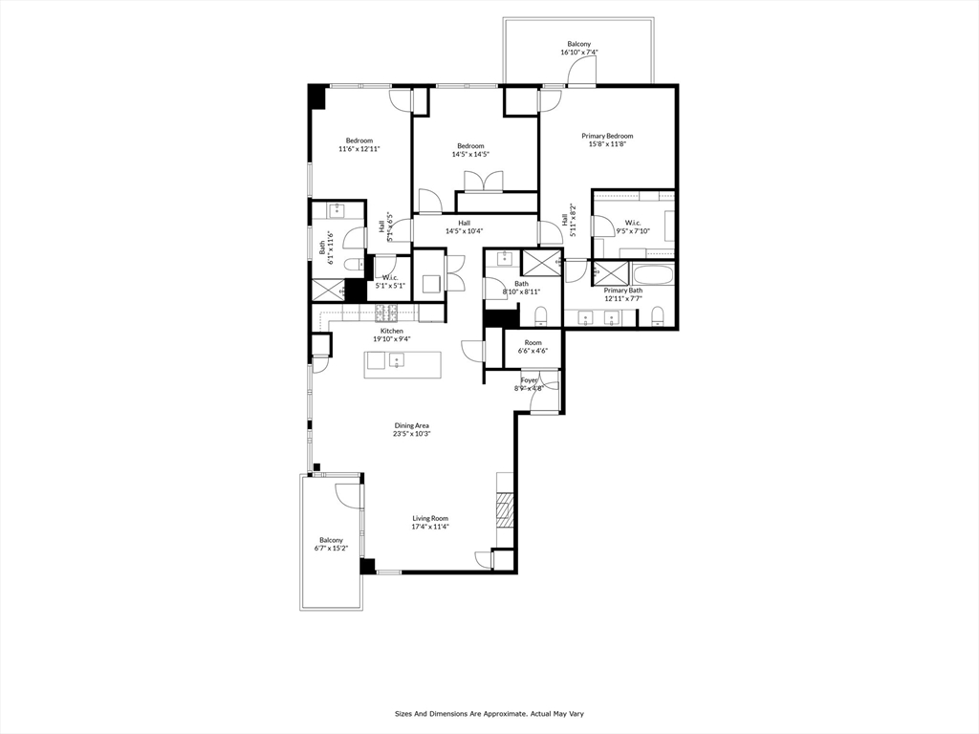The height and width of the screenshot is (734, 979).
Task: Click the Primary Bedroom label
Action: pos(607,136)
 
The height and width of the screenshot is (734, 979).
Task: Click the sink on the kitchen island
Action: pos(396,361)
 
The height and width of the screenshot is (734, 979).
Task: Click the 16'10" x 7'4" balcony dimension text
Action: pos(578,53)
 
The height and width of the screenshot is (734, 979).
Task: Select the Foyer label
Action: pos(529,380)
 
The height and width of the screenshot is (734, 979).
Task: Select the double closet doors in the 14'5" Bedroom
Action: pos(483,182)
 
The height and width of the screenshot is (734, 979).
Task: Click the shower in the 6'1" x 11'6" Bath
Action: pos(327,291)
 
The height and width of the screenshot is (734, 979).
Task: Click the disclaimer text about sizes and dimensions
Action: pos(489,713)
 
